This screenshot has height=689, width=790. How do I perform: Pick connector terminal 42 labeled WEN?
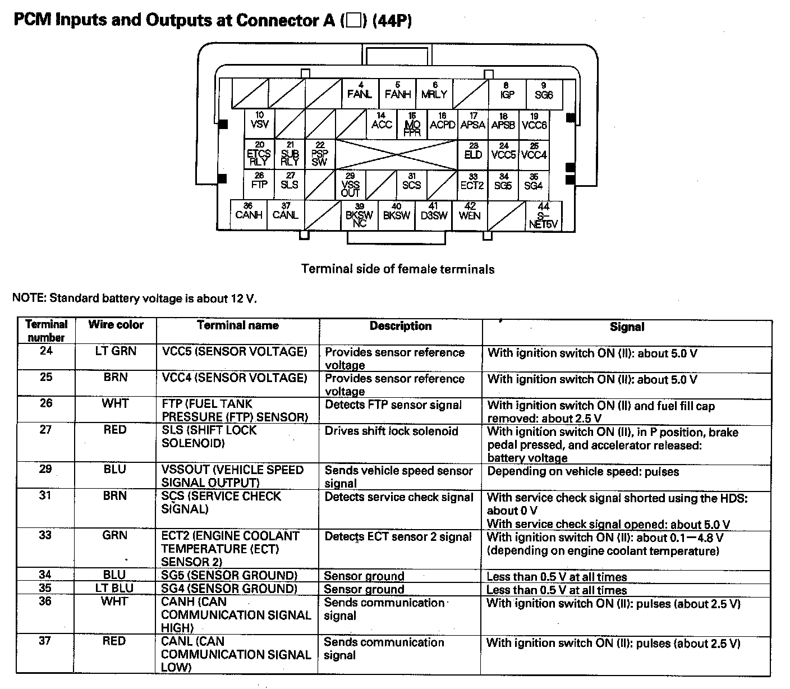coord(470,213)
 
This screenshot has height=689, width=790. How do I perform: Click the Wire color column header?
coord(116,325)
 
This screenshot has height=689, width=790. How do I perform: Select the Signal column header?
coord(627,327)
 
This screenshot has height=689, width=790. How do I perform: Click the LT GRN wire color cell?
coord(116,351)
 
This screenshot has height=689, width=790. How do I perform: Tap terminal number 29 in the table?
coord(46,469)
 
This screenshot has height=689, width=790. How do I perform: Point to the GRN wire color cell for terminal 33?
coord(115,535)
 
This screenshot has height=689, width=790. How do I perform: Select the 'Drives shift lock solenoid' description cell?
coord(392,431)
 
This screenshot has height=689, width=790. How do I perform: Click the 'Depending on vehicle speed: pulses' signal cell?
coord(583,471)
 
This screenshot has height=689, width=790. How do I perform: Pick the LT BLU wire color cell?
coord(114,588)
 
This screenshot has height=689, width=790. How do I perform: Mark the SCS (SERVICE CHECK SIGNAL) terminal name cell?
coord(221,503)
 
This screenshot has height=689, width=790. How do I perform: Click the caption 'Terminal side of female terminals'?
coord(398,269)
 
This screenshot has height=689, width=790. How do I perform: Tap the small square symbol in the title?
coord(353,21)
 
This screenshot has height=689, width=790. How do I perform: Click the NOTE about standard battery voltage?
coord(135,298)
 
